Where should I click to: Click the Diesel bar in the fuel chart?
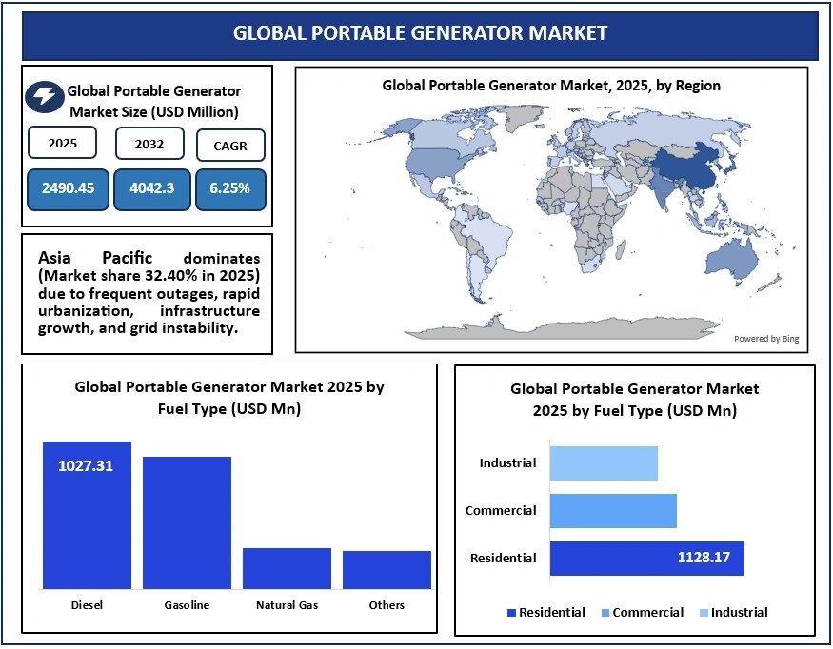tap(87, 519)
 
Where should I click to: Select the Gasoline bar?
tap(187, 522)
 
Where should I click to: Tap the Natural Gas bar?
tap(287, 568)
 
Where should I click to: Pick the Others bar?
tap(387, 569)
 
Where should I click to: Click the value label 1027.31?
tap(87, 466)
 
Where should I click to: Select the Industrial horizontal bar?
tap(604, 463)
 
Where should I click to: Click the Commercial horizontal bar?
tap(613, 511)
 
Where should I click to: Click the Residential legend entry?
tap(547, 612)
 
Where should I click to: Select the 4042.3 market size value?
tap(151, 188)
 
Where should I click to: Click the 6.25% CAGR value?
tap(230, 188)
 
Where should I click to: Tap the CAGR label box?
tap(230, 146)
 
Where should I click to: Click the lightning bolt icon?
tap(44, 96)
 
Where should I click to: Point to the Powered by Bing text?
tap(764, 339)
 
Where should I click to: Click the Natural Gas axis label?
tap(287, 605)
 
